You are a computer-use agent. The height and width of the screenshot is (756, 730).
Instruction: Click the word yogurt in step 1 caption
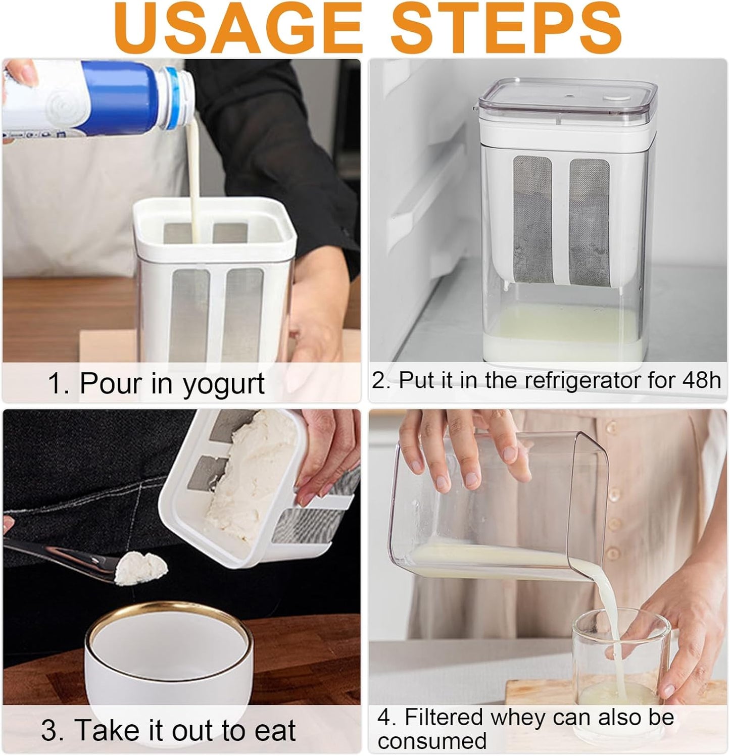pos(223,385)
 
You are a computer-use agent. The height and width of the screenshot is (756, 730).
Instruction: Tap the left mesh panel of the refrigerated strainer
pos(532,220)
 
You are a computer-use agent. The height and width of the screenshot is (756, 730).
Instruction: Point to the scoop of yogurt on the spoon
pos(141,568)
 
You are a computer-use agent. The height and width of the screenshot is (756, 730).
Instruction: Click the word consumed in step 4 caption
pos(432,741)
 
